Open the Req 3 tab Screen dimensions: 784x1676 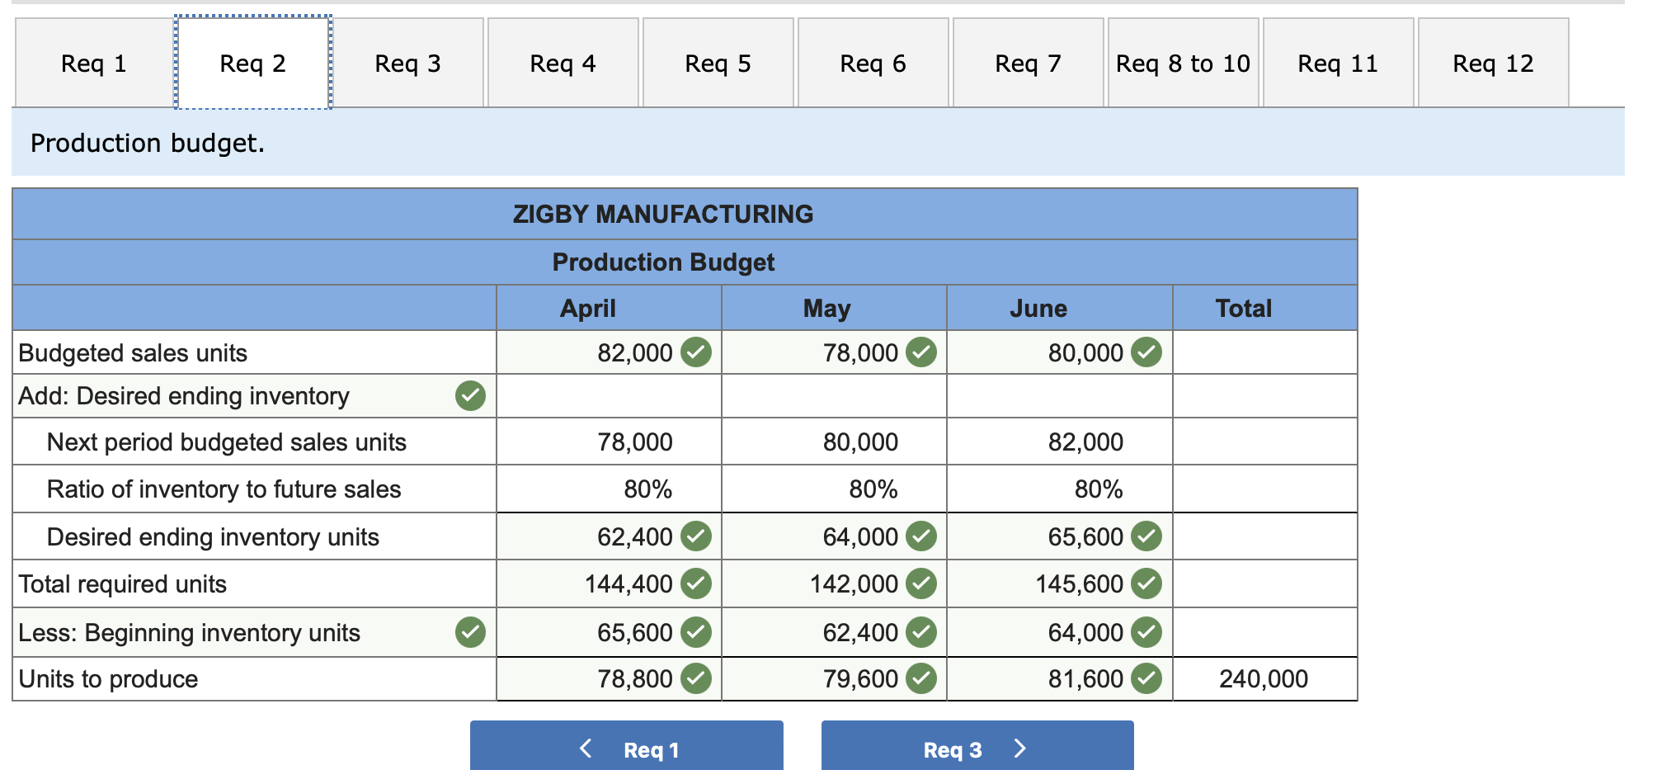point(407,64)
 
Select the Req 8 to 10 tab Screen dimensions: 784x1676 point(1183,64)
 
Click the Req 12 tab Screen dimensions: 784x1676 point(1493,64)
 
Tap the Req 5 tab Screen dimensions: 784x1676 point(718,64)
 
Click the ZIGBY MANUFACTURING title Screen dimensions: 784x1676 point(662,215)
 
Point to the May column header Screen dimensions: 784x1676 point(826,309)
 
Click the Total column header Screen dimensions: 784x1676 point(1243,309)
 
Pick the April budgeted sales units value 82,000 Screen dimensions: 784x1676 point(634,353)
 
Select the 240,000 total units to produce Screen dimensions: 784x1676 point(1263,679)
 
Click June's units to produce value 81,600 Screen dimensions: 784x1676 point(1085,679)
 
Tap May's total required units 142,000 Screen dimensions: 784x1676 point(854,584)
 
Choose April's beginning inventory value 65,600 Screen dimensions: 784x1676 point(634,633)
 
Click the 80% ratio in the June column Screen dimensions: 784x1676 point(1098,489)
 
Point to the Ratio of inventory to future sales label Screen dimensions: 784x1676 point(224,489)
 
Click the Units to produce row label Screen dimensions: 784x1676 point(108,679)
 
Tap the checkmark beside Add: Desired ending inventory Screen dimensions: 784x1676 point(470,396)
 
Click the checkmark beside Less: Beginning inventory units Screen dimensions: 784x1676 point(470,633)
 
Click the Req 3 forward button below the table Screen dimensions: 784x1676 point(977,749)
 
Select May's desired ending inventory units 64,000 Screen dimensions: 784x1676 point(859,537)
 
